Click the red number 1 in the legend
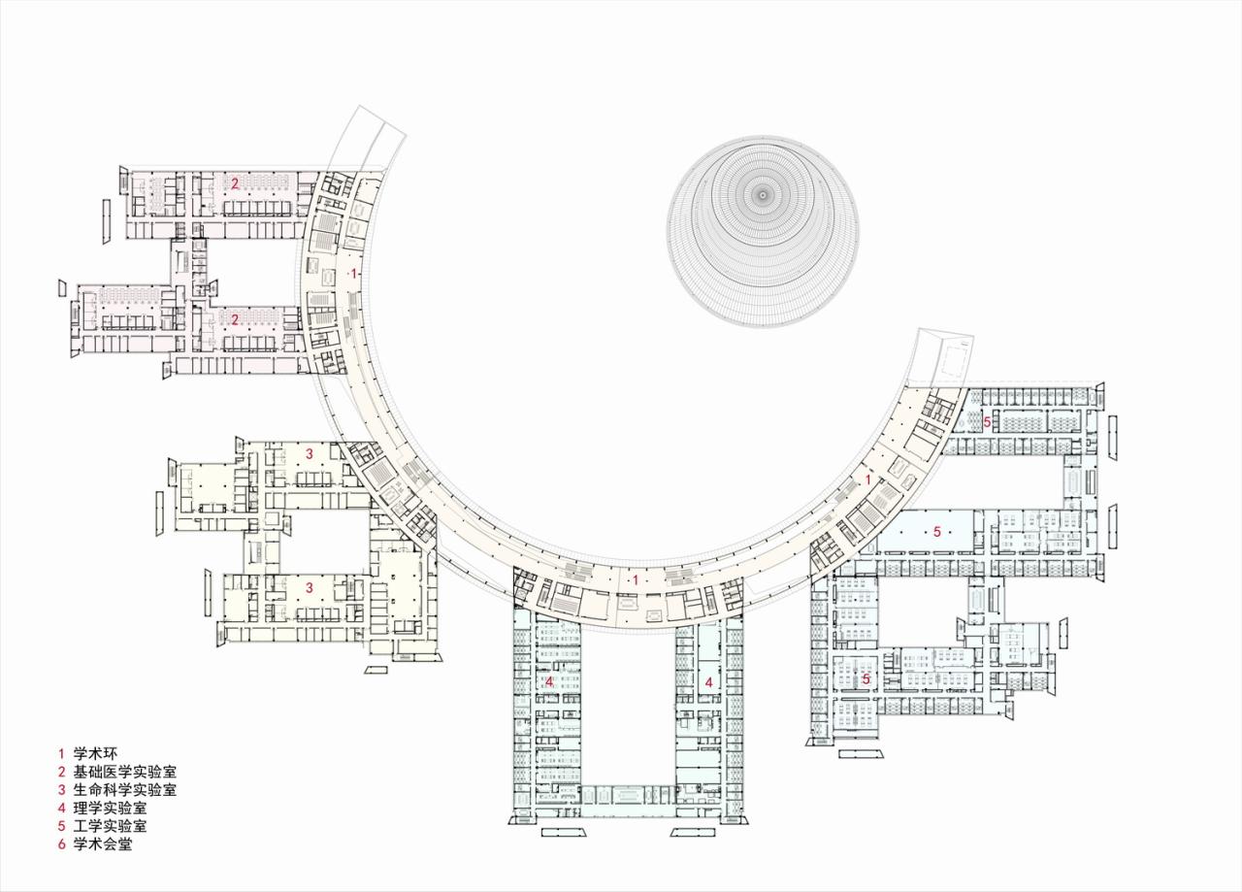(60, 753)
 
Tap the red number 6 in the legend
(61, 844)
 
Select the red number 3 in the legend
(61, 790)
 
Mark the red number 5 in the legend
(61, 826)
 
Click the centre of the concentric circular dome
(763, 195)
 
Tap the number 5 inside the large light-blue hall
(936, 531)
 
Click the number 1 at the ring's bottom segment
(634, 579)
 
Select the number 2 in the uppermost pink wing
(235, 182)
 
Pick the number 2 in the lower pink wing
(235, 317)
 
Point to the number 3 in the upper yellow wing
(310, 453)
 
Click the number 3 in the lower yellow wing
(310, 587)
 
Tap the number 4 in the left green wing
(549, 682)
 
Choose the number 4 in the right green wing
(709, 682)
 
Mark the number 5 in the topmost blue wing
(987, 422)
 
